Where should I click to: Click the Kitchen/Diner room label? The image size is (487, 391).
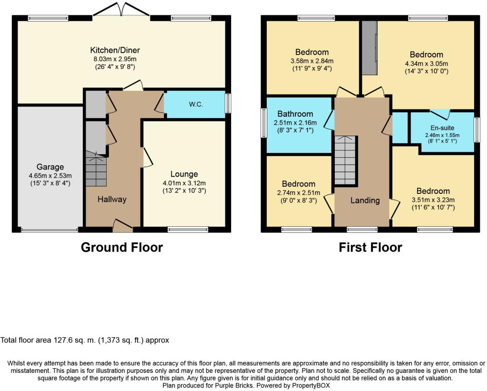pos(115,50)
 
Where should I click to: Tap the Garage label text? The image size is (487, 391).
pos(50,167)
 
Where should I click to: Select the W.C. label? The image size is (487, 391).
pos(195,104)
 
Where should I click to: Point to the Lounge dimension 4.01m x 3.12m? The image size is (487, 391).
pos(184,183)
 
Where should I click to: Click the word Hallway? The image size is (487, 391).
pos(112,200)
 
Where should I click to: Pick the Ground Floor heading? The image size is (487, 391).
pos(122,248)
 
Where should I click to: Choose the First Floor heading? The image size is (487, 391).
pos(370,248)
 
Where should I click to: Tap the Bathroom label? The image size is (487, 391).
pos(295,114)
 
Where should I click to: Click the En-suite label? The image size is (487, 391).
pos(442,128)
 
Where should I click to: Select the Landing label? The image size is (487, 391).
pos(365,201)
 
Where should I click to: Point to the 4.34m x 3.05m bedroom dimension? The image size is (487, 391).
pos(427,64)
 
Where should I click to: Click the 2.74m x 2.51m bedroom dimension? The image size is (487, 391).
pos(299,193)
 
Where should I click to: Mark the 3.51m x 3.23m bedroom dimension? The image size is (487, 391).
pos(433,200)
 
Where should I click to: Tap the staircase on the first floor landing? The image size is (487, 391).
pos(345,160)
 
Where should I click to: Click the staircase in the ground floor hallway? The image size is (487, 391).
pos(96,169)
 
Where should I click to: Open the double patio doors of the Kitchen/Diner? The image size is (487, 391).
pos(121,10)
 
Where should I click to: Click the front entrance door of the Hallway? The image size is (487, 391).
pos(123,226)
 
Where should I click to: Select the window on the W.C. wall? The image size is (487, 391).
pos(228,103)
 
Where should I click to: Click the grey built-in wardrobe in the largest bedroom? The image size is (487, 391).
pos(370,48)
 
